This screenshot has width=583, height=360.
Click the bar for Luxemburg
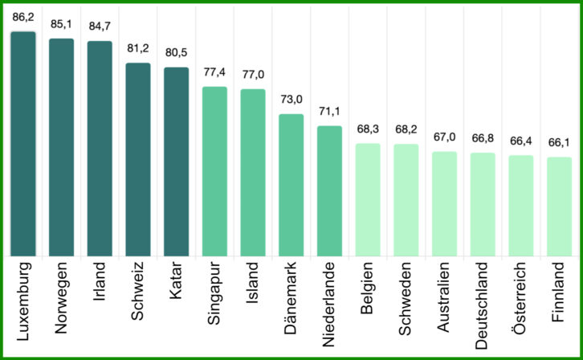click(23, 145)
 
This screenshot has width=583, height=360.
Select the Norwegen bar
click(62, 148)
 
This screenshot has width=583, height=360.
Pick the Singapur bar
click(214, 172)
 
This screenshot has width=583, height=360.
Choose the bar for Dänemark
click(291, 186)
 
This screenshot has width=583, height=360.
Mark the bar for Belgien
click(368, 200)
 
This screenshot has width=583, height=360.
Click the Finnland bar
click(559, 207)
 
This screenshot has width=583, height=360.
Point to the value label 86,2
click(23, 16)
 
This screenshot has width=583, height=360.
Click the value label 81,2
click(138, 47)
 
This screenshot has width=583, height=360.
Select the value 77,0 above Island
click(253, 74)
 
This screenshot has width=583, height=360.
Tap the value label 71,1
click(329, 111)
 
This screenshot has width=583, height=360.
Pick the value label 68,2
click(406, 129)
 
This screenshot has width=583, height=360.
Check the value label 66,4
click(521, 141)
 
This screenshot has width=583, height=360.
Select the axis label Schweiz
click(138, 284)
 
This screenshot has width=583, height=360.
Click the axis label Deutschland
click(483, 303)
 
